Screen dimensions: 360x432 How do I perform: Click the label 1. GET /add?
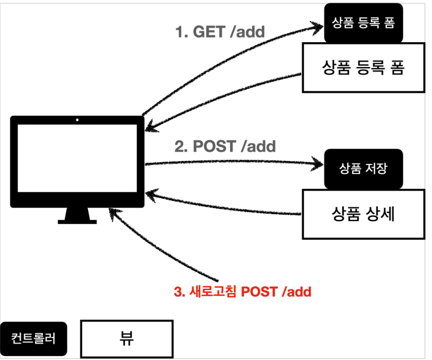pos(220,32)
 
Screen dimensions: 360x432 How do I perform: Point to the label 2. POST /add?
pos(225,146)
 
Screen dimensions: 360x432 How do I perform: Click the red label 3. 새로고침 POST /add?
pos(243,292)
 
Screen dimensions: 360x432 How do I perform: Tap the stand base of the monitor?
pos(77,221)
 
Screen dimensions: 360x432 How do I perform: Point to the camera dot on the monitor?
pos(77,120)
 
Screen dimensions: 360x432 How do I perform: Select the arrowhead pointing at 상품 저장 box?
pos(318,163)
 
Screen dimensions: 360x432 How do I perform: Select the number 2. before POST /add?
pos(179,146)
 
